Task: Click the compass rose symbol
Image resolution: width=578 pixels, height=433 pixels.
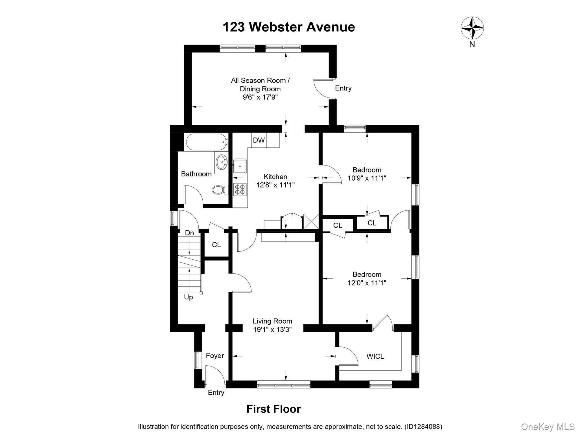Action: pos(472,28)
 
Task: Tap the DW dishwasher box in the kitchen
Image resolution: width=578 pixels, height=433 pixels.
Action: pos(259,140)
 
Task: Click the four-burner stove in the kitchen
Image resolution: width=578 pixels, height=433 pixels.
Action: pos(240,189)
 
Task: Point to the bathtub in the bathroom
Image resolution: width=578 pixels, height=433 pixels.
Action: pos(207,142)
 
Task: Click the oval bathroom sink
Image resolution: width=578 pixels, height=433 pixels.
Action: pos(222,162)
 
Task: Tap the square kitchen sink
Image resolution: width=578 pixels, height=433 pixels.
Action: pos(240,166)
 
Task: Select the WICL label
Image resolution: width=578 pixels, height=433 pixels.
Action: pos(375,356)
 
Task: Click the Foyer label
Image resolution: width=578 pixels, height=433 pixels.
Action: pos(215,356)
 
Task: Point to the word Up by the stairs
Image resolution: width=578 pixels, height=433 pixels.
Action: pos(188,297)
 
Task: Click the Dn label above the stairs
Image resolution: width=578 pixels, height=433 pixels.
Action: pos(189,233)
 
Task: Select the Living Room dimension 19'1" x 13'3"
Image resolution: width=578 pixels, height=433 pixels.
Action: pos(272,329)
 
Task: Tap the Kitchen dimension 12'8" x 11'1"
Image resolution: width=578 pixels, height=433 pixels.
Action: pos(275,185)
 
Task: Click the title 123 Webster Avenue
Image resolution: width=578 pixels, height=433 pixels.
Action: pos(289,27)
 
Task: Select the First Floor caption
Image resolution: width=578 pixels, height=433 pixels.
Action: pos(273,409)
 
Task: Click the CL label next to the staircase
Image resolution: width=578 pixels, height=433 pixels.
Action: pos(216,245)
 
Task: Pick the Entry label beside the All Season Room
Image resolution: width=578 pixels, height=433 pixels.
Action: pos(343,88)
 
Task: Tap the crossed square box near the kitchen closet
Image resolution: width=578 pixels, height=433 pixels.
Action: pos(311,222)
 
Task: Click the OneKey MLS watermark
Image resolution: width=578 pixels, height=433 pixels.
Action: pos(548,427)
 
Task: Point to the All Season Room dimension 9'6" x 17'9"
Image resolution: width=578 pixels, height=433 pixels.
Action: pos(260,97)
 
